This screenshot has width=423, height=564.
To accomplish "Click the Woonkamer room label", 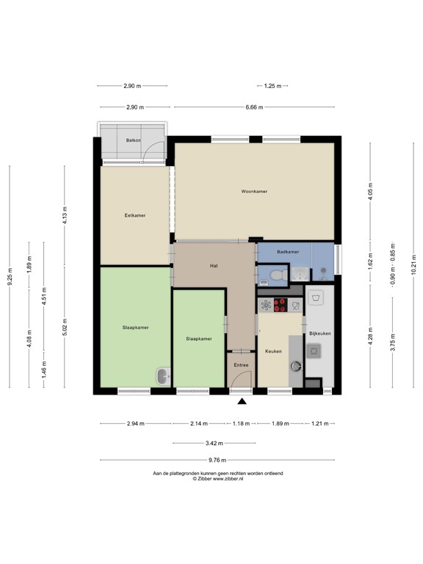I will click(254, 191).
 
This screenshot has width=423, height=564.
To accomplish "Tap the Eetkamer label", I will click(135, 215).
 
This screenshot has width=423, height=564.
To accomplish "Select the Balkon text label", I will click(133, 140).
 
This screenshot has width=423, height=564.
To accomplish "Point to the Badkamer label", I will click(288, 252).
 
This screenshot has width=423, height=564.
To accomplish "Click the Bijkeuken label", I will click(320, 333).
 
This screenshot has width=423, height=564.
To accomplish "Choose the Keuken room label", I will click(274, 351).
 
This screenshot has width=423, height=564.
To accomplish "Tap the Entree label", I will click(241, 365).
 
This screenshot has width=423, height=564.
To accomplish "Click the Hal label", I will click(214, 265).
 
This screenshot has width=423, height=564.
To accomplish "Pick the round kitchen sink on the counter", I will click(295, 365).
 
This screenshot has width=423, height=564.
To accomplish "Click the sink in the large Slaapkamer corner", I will click(162, 377).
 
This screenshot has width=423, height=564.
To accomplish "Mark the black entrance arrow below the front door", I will click(242, 400).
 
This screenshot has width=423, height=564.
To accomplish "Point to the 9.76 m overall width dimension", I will click(217, 460).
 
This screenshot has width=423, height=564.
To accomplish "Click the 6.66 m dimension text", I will click(255, 107).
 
